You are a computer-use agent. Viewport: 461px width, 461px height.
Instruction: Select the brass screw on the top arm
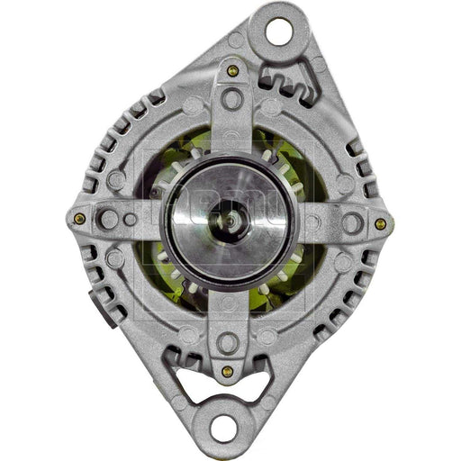click(233, 71)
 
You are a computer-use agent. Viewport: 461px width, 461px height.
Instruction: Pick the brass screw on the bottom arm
click(227, 371)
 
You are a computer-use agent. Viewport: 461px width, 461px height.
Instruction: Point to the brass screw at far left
click(80, 218)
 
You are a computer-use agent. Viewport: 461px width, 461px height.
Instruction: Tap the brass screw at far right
click(380, 223)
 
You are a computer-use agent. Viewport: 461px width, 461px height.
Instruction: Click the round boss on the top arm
click(233, 100)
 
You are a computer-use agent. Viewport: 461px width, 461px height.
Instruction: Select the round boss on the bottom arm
click(227, 343)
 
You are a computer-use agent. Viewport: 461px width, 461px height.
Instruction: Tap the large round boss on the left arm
click(110, 219)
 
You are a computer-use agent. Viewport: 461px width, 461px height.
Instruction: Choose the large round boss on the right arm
click(349, 221)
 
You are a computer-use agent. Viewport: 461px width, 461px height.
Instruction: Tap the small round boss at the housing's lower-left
click(114, 258)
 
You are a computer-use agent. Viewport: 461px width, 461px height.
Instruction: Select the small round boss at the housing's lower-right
click(343, 262)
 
